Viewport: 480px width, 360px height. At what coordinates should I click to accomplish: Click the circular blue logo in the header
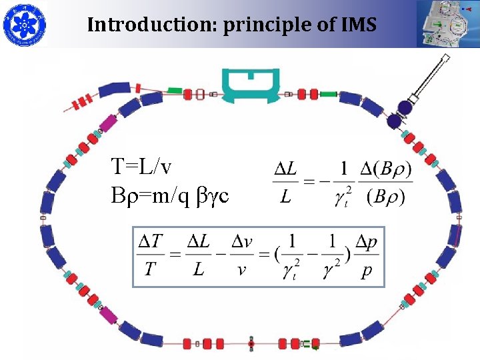tap(25, 25)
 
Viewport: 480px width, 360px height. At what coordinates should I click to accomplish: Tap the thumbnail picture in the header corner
tap(447, 24)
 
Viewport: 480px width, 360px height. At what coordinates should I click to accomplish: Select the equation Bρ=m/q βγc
tap(170, 195)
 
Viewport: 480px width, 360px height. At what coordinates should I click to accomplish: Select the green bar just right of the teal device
tap(329, 94)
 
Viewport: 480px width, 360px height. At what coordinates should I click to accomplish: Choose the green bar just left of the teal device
tap(175, 90)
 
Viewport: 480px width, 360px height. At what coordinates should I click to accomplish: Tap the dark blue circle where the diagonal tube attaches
tap(404, 107)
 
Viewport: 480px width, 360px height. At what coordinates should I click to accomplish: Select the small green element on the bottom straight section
tap(307, 344)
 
